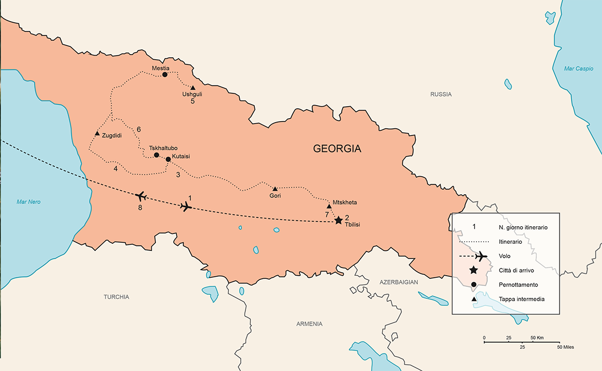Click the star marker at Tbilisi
coord(338,221)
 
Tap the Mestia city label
coord(161,68)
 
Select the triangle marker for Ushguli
coord(193,88)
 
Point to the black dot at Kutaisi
coord(168,159)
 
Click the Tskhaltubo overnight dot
coord(156,155)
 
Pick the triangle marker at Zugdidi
coord(97,134)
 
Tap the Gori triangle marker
coord(275,189)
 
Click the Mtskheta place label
coord(345,203)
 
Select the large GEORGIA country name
coord(337,149)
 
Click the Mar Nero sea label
coord(28,202)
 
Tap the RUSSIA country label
coord(441,94)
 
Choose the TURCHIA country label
coord(116,297)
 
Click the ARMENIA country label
coord(309,324)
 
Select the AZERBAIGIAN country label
coord(398,282)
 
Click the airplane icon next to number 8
coord(140,196)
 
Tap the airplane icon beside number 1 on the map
coord(186,206)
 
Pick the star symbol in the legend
coord(473,270)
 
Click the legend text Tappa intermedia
coord(521,299)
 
